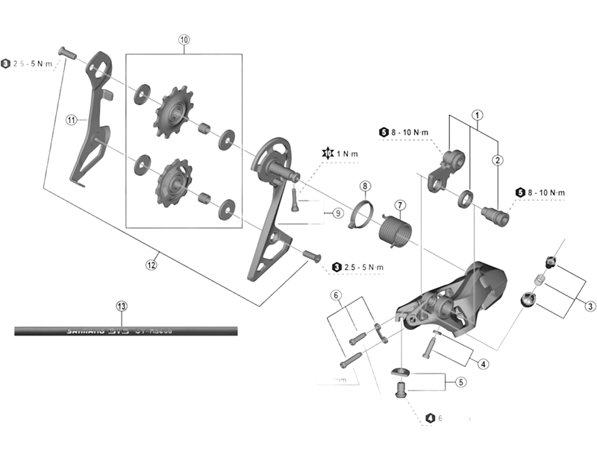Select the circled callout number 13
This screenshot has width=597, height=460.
click(x=122, y=306)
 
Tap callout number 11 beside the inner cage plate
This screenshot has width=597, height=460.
click(x=72, y=119)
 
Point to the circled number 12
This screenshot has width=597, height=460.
click(x=151, y=263)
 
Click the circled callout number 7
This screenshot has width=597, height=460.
click(x=399, y=204)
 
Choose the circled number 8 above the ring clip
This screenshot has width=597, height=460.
click(x=365, y=186)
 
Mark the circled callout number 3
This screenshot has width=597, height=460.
click(x=590, y=305)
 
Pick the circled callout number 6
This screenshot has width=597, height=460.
click(x=337, y=295)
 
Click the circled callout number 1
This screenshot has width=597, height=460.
click(x=476, y=116)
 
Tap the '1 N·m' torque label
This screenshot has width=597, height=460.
click(x=346, y=154)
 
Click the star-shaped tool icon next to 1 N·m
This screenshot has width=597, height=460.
click(x=326, y=154)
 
